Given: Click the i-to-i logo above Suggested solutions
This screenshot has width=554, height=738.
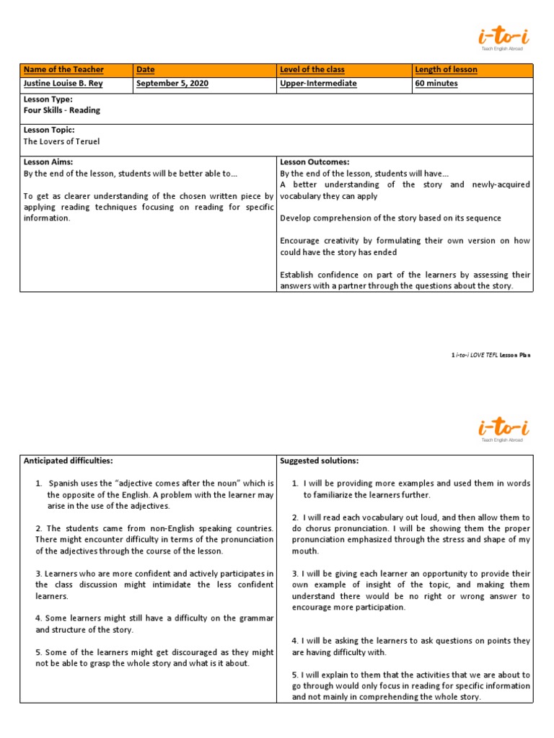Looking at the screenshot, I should (503, 428).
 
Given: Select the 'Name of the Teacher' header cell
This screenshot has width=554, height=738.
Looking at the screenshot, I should (64, 70).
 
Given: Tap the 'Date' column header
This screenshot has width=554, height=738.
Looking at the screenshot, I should (146, 70).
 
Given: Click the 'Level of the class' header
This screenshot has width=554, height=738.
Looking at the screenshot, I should (312, 70).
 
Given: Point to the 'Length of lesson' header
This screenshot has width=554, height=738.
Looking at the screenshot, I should (447, 70).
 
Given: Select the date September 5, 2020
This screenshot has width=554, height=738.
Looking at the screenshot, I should (172, 84).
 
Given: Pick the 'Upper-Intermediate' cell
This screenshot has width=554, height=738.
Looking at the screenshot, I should (318, 84).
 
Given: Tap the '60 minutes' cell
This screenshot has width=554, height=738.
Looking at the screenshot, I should (436, 84).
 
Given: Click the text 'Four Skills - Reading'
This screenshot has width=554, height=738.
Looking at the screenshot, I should (62, 110).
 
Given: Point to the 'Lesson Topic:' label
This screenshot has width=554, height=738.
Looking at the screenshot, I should (49, 130).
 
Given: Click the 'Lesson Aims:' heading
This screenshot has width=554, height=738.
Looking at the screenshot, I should (48, 162).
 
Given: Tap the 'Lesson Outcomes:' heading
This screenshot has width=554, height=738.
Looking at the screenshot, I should (315, 162).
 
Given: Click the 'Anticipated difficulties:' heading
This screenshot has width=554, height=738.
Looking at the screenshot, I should (69, 461).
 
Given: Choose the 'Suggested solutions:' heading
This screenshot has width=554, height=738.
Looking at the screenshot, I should (319, 461).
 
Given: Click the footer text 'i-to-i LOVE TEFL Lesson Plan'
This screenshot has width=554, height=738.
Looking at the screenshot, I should (491, 355).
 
